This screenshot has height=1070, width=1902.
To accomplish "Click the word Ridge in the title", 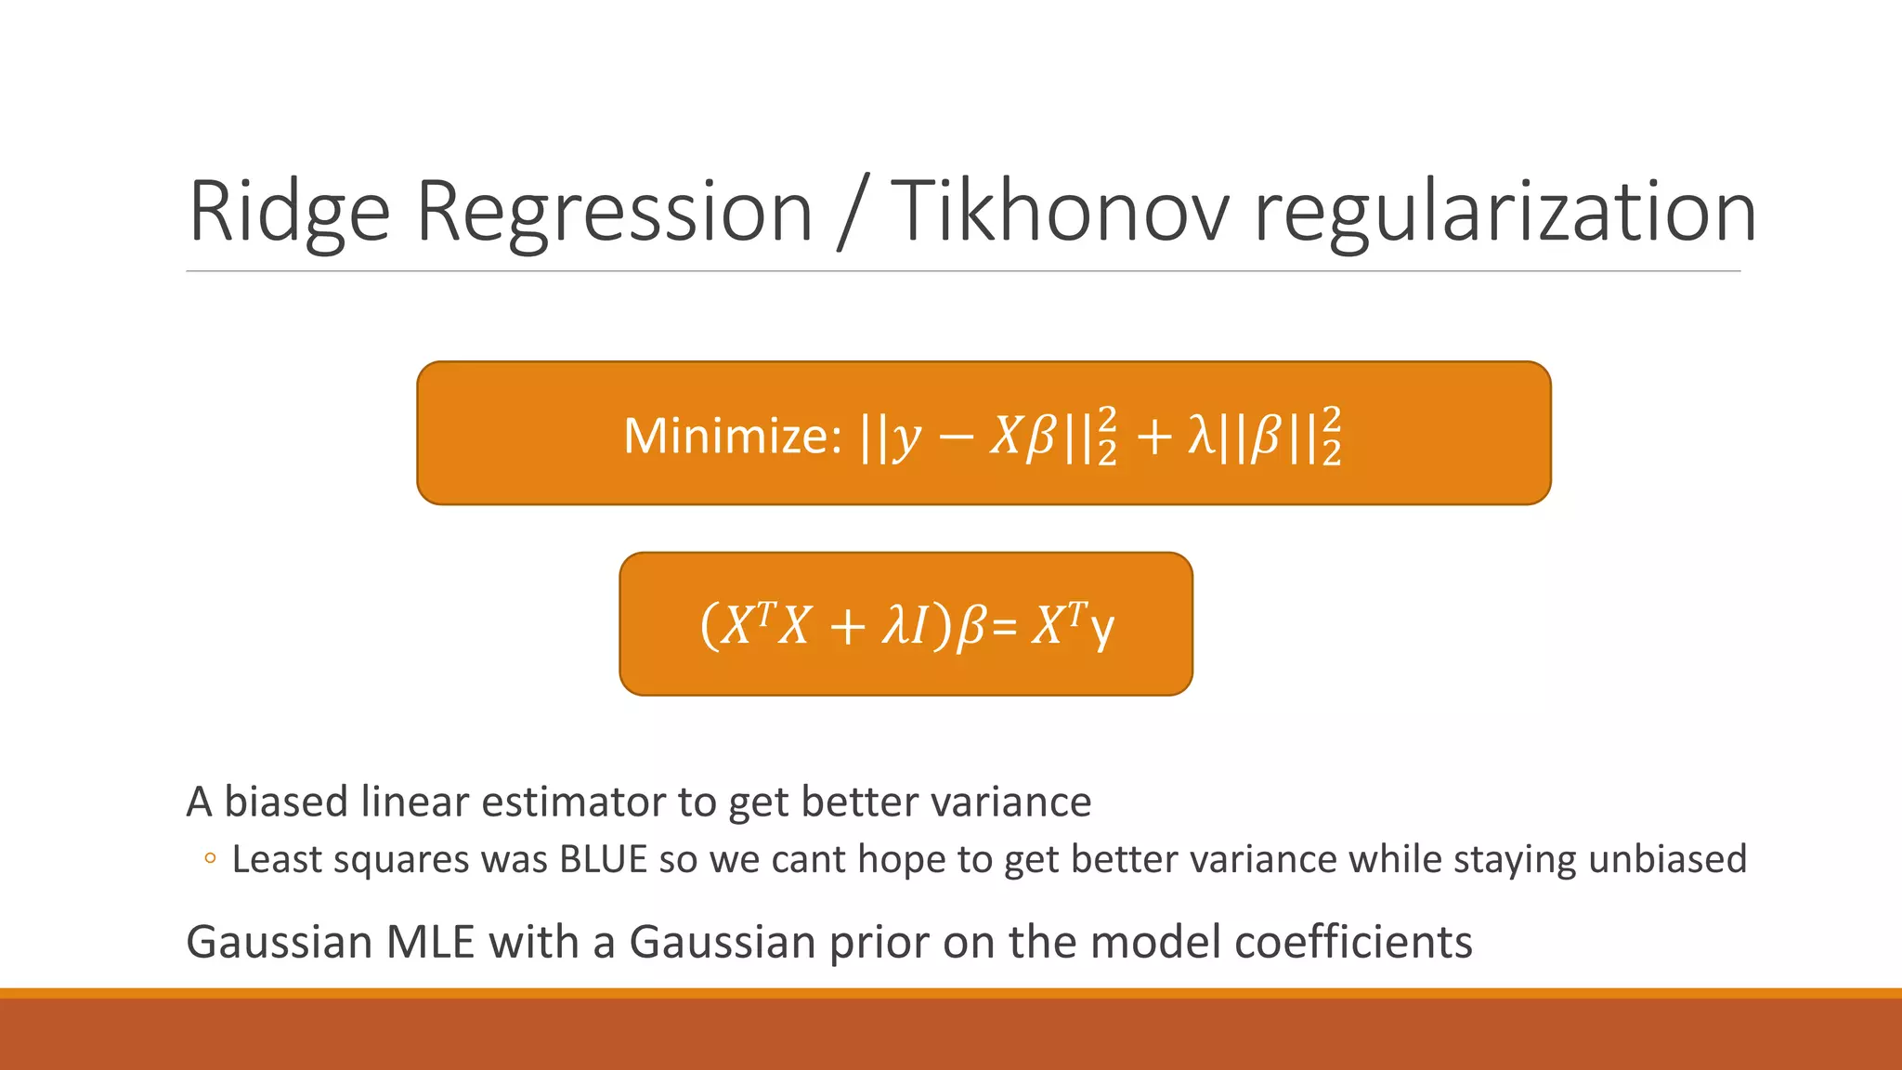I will coord(289,213).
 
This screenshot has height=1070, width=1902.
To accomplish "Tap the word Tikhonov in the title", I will coord(1059,213).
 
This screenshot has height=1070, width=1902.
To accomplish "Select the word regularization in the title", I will coord(1505,213).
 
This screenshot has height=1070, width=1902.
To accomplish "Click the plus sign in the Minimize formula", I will coord(1154,436).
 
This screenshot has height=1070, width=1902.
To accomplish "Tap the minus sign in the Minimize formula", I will coord(956,436).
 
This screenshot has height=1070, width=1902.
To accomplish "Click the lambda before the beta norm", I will coord(1201,435).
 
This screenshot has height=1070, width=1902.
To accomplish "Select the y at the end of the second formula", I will coord(1101,628).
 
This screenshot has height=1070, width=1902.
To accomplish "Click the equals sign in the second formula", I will coord(1004,627).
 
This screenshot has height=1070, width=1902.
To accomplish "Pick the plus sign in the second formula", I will coord(847,626).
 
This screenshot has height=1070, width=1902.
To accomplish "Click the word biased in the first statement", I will coord(286,801).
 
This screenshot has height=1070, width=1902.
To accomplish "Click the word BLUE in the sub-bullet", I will coord(603,859).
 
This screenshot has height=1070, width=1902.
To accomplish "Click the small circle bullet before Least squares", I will coord(210,859).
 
